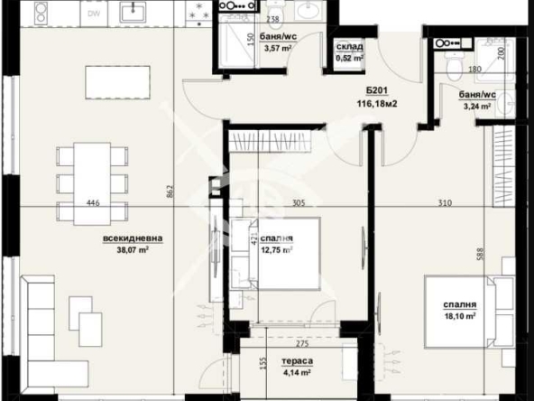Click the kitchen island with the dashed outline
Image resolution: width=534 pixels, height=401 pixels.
[115, 82]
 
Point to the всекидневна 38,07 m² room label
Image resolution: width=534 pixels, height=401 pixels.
[133, 245]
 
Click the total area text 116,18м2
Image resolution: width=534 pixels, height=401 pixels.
[377, 105]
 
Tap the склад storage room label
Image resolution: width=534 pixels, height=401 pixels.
[349, 46]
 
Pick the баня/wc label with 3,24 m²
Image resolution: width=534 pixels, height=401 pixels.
[476, 98]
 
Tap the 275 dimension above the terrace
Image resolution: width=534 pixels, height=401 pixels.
[291, 343]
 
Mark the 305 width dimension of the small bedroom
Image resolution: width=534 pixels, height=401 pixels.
[299, 203]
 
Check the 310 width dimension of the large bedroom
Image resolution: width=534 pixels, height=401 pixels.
[445, 203]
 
